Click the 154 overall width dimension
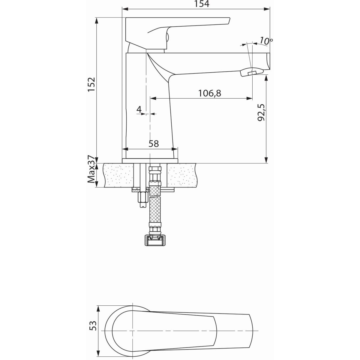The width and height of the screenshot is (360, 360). (x=202, y=4)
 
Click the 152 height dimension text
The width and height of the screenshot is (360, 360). (x=92, y=84)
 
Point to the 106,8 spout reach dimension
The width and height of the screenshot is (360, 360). (x=210, y=93)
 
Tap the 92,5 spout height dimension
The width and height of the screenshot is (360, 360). (x=261, y=113)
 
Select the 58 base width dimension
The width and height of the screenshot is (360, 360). (x=154, y=144)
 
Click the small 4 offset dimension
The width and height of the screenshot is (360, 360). (x=139, y=109)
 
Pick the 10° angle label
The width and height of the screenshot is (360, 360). (x=266, y=41)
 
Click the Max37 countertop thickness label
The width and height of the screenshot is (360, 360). (x=91, y=169)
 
